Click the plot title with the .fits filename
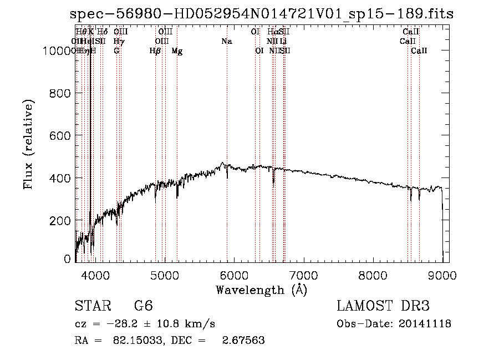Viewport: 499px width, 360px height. pyautogui.click(x=262, y=14)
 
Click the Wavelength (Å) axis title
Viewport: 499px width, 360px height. pyautogui.click(x=261, y=290)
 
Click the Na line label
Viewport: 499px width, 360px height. pyautogui.click(x=226, y=42)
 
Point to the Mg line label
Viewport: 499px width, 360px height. pyautogui.click(x=177, y=51)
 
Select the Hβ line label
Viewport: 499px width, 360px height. pyautogui.click(x=155, y=51)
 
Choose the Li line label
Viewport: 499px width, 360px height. pyautogui.click(x=283, y=42)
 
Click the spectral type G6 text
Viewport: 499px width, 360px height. pyautogui.click(x=144, y=306)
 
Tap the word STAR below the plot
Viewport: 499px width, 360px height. pyautogui.click(x=91, y=306)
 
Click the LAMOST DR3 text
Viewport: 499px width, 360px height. pyautogui.click(x=383, y=306)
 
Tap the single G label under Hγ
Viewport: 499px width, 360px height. pyautogui.click(x=116, y=51)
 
